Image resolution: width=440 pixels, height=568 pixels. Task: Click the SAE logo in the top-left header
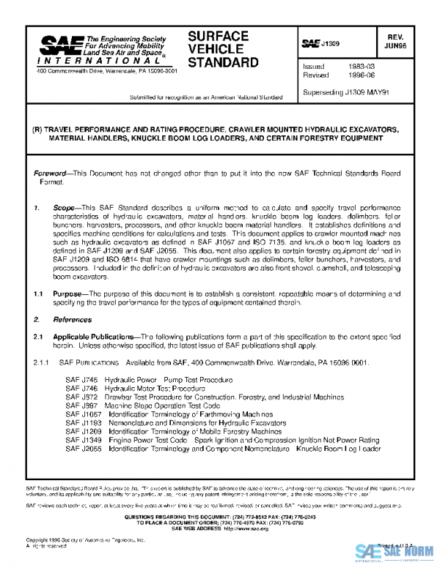coord(59,47)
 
